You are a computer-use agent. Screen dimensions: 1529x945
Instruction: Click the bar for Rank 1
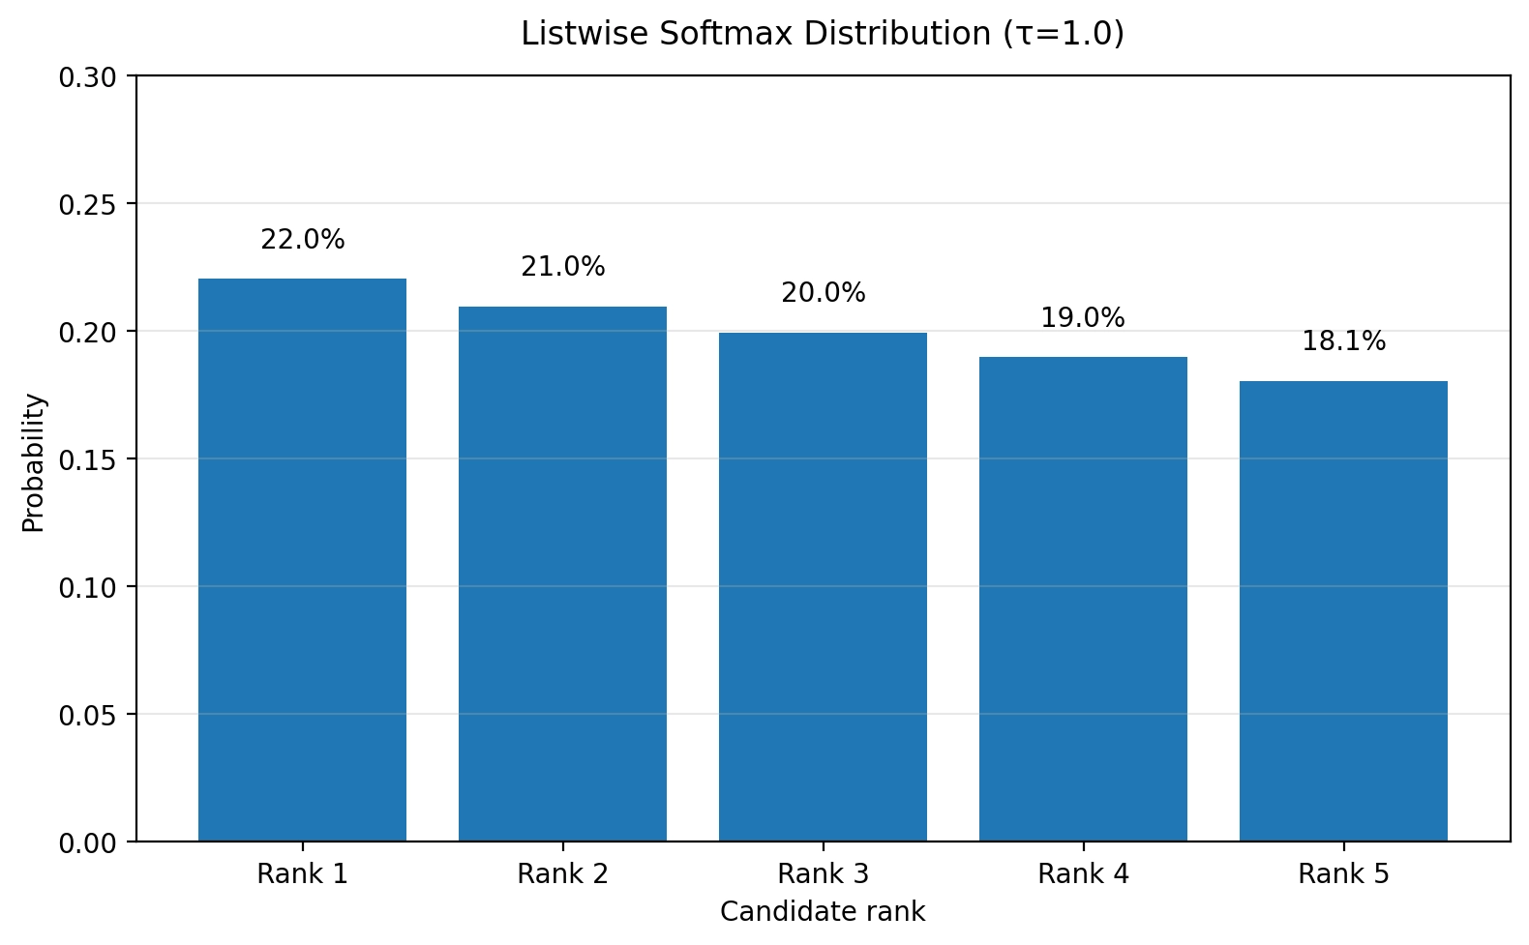(x=302, y=560)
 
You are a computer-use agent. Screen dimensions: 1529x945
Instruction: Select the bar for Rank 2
(x=562, y=574)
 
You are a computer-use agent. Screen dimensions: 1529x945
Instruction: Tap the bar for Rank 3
(x=823, y=587)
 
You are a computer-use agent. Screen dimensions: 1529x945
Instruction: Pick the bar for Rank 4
(x=1083, y=599)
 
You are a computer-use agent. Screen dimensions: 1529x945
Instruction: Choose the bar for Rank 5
(x=1343, y=611)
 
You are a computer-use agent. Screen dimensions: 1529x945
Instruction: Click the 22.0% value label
(x=302, y=240)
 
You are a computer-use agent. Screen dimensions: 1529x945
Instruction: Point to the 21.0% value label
(x=562, y=267)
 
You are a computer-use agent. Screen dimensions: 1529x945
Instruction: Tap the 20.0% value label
(x=823, y=293)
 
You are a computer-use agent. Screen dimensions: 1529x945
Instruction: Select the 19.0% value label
(x=1083, y=318)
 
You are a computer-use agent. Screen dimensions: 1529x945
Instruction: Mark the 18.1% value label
(x=1343, y=341)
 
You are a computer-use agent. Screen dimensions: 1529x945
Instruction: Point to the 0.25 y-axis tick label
(x=87, y=205)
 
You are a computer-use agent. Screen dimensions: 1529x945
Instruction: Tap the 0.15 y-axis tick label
(x=87, y=460)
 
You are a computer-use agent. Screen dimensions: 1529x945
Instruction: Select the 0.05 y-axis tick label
(x=87, y=716)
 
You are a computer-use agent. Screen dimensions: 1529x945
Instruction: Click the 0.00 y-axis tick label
(x=87, y=844)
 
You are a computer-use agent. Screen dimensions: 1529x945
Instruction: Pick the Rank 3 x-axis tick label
(x=823, y=874)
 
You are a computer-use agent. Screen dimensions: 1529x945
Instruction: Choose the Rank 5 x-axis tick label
(x=1343, y=874)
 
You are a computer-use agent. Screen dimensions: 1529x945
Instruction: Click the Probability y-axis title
(x=33, y=463)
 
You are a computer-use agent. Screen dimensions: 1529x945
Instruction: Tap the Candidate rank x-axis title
(x=823, y=912)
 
